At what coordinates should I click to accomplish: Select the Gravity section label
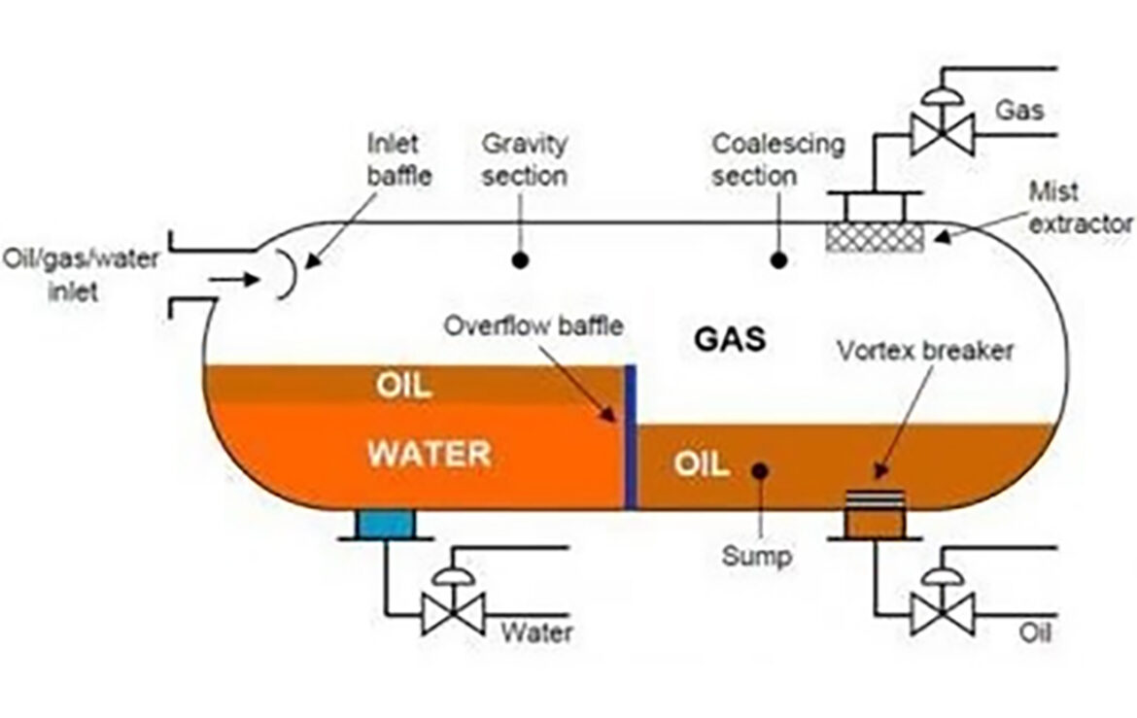coord(525,160)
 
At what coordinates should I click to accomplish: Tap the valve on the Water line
coord(454,610)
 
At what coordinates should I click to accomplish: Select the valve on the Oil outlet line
coord(943,610)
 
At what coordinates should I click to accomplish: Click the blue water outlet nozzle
coord(385,525)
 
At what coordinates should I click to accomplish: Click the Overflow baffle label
coord(533,325)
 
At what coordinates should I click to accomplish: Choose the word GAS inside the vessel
coord(730,340)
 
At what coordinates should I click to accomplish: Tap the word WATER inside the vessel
coord(429,453)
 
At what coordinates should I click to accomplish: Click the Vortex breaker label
coord(925,351)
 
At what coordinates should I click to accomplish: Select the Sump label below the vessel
coord(757,557)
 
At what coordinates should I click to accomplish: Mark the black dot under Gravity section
coord(521,259)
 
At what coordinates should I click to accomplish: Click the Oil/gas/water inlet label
coord(81,275)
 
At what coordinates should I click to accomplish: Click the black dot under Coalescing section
coord(777,259)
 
